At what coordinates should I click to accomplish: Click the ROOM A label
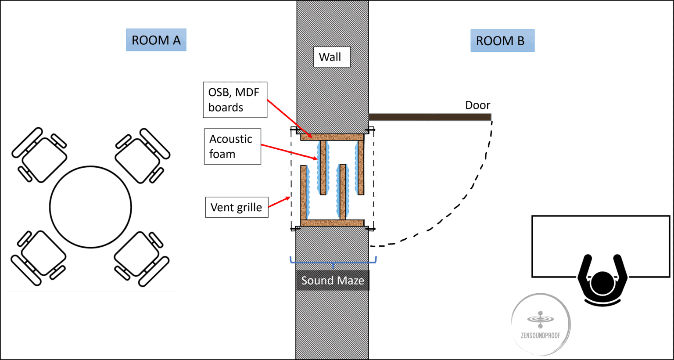coord(156,40)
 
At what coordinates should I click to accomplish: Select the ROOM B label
coord(502,41)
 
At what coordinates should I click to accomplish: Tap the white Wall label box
coord(331,57)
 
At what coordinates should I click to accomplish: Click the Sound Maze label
coord(332,281)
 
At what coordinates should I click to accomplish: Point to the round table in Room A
coord(90,207)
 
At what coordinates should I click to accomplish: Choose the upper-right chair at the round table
coord(142,155)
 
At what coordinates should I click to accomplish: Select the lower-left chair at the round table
coord(38,258)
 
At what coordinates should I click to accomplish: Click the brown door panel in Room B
coord(430,117)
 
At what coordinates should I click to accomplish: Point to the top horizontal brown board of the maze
coord(332,137)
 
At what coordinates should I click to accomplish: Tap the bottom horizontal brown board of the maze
coord(332,223)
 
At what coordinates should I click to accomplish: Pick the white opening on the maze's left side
coord(301,153)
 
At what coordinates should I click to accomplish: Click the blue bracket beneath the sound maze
coord(333,262)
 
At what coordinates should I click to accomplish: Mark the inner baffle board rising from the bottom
coord(343,192)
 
